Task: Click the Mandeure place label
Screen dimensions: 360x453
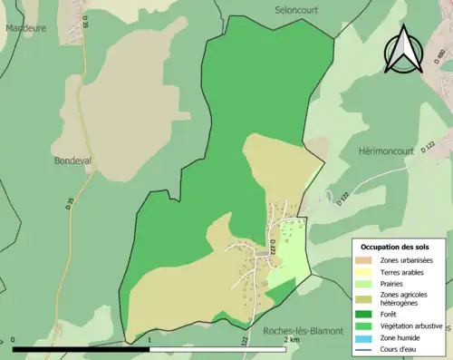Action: tap(25, 28)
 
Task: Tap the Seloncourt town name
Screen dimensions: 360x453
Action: tap(300, 9)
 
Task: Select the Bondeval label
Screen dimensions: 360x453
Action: tap(72, 160)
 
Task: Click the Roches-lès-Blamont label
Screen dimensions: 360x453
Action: tap(302, 332)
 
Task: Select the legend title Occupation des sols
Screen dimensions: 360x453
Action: tap(400, 247)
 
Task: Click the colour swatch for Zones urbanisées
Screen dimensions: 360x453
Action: tap(366, 260)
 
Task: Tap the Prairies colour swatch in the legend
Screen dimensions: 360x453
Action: tap(366, 283)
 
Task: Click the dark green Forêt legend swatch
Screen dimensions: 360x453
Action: tap(366, 315)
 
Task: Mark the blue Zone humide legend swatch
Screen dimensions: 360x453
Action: tap(366, 337)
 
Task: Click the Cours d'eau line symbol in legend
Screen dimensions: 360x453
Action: tap(366, 348)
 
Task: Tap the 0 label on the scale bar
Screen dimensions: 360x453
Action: tap(14, 341)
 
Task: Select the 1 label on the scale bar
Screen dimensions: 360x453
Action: tap(149, 341)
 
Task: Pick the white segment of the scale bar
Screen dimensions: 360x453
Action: tap(217, 348)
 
